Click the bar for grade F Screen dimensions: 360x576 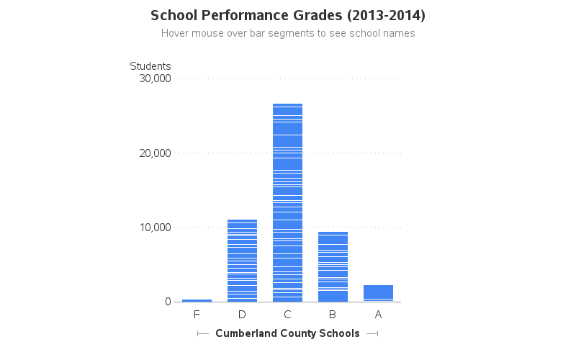pyautogui.click(x=197, y=300)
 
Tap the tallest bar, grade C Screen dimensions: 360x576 pyautogui.click(x=287, y=202)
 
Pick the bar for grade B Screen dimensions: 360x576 pyautogui.click(x=333, y=266)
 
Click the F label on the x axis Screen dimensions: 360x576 pyautogui.click(x=197, y=315)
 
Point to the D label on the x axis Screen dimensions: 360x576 pyautogui.click(x=242, y=315)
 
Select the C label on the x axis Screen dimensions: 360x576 pyautogui.click(x=287, y=315)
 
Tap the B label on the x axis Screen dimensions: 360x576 pyautogui.click(x=333, y=315)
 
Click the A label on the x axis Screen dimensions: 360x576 pyautogui.click(x=378, y=315)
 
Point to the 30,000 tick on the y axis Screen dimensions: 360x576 pyautogui.click(x=153, y=78)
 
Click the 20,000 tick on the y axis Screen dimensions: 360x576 pyautogui.click(x=153, y=153)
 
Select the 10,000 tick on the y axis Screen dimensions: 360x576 pyautogui.click(x=153, y=228)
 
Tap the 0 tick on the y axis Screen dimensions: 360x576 pyautogui.click(x=167, y=302)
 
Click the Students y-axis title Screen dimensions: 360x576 pyautogui.click(x=150, y=66)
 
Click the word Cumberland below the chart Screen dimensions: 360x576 pyautogui.click(x=244, y=333)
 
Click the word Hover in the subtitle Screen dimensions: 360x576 pyautogui.click(x=176, y=33)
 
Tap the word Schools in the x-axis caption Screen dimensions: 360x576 pyautogui.click(x=339, y=333)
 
